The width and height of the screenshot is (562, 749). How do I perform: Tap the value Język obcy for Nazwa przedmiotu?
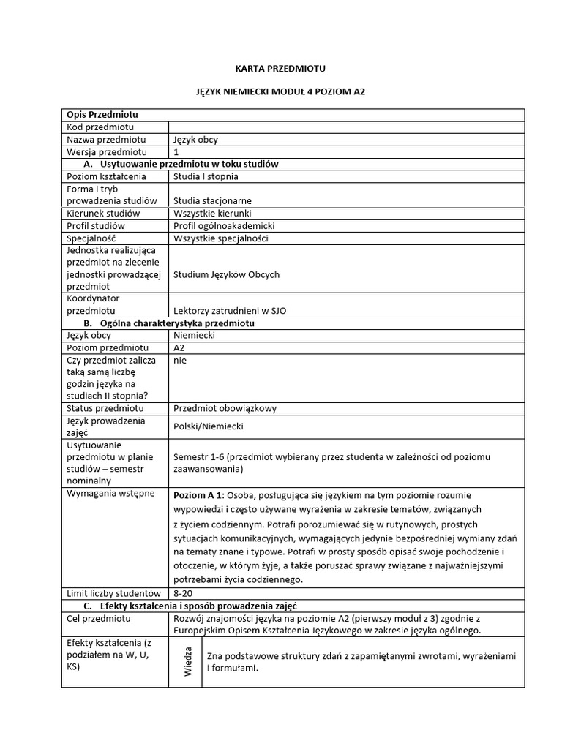click(195, 140)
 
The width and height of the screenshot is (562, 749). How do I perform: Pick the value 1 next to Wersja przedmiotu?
click(176, 152)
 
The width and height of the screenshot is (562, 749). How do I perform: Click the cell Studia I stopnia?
click(206, 176)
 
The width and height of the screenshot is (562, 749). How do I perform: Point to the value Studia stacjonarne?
click(212, 200)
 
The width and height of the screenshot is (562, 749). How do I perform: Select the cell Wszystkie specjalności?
click(221, 238)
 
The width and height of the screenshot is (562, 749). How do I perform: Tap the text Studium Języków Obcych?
click(226, 274)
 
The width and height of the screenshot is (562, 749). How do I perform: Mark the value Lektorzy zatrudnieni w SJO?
click(230, 310)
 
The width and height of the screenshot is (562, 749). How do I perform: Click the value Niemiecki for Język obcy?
click(195, 335)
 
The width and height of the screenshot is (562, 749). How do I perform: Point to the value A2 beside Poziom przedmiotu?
click(179, 347)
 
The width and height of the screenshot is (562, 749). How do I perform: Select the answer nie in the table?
click(181, 360)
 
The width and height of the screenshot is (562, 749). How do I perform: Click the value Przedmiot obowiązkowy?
click(225, 408)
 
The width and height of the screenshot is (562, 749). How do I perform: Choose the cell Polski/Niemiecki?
click(208, 426)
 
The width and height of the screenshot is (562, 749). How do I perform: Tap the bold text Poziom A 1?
click(198, 495)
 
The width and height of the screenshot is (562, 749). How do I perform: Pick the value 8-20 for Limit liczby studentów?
click(184, 592)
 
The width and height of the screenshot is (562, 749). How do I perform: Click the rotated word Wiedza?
click(188, 661)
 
